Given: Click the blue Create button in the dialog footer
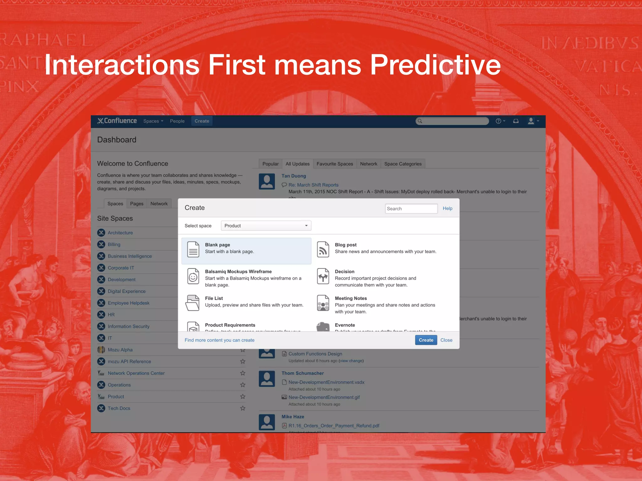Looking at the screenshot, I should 426,340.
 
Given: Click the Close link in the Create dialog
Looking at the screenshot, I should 446,340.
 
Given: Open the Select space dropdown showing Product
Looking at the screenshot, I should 266,226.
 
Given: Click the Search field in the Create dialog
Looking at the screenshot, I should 411,209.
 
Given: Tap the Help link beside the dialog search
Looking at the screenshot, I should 447,209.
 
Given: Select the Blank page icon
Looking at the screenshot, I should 193,250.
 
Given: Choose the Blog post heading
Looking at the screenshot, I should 345,245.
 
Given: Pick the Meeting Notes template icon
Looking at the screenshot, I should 323,303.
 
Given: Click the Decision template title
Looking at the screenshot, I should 345,272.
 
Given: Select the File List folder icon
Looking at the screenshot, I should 192,303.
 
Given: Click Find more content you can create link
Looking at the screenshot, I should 219,340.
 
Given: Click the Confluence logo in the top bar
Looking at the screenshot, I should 117,121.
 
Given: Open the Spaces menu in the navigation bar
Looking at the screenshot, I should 153,121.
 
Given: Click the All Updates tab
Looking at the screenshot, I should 297,164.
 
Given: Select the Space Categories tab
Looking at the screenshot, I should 403,164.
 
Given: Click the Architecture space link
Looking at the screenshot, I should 120,233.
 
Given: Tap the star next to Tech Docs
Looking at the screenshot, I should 243,408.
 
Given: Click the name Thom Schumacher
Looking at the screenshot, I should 303,373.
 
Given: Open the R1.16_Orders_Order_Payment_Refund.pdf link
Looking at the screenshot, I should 334,426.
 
